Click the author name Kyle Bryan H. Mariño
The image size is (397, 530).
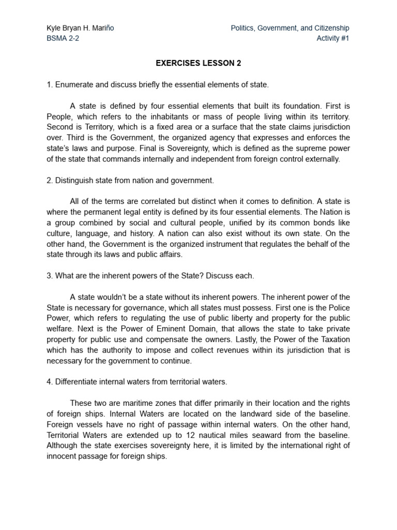[80, 28]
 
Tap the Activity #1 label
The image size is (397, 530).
[333, 38]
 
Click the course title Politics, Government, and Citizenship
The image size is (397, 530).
[290, 28]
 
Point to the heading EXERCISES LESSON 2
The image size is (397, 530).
[198, 63]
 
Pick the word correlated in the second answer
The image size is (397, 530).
[156, 201]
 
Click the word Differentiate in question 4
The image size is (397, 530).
[77, 382]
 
